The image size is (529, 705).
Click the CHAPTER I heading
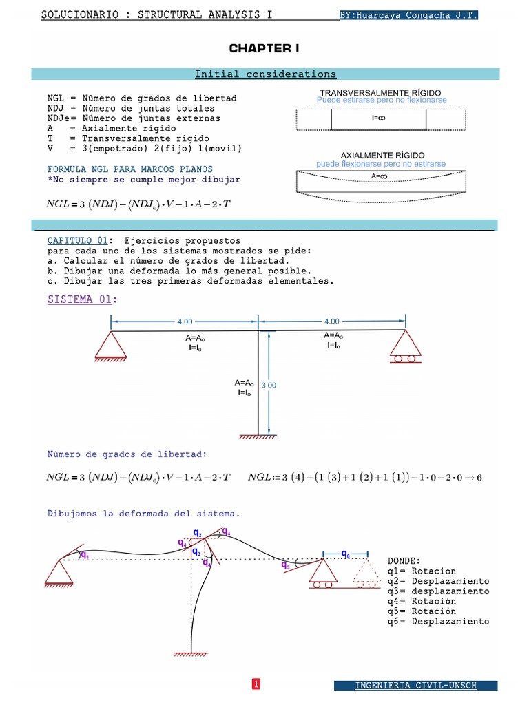tap(264, 49)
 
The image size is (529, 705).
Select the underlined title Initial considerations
tap(265, 74)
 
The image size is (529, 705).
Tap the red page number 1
tap(256, 684)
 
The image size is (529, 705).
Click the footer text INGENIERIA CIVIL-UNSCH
tap(415, 686)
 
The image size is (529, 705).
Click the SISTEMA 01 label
tap(83, 299)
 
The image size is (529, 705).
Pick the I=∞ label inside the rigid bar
tap(378, 118)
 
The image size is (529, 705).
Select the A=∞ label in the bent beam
tap(379, 177)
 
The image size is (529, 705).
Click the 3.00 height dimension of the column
tap(269, 386)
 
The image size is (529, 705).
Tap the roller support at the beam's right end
tap(405, 346)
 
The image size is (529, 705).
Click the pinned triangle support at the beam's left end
tap(111, 346)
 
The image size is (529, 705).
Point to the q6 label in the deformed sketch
tap(346, 554)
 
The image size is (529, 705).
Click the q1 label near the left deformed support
tap(85, 556)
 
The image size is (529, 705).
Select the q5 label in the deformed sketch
tap(286, 565)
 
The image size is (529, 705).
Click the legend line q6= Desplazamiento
tap(438, 622)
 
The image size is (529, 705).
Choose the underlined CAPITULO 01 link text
tap(77, 240)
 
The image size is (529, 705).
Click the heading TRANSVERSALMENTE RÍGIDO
tap(380, 93)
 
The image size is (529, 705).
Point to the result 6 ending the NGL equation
tap(479, 478)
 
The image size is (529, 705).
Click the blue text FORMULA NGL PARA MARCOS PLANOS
tap(130, 169)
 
